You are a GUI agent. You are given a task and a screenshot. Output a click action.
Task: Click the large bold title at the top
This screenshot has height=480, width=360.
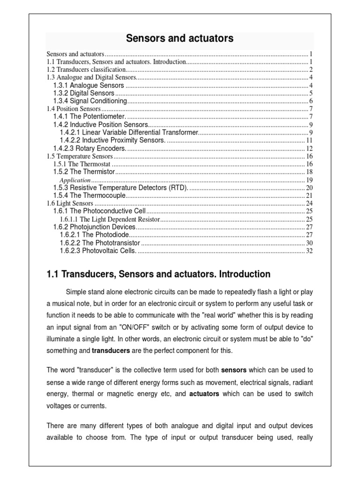180,38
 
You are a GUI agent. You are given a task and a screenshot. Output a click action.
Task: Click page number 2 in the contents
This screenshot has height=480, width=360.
311,69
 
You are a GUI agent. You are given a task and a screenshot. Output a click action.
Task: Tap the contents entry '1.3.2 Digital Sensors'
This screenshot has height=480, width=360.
83,93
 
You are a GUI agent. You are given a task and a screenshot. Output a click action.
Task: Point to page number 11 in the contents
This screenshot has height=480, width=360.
309,140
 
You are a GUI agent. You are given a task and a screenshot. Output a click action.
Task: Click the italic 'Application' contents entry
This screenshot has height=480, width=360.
75,180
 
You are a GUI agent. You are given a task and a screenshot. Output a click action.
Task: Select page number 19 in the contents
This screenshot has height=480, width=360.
309,180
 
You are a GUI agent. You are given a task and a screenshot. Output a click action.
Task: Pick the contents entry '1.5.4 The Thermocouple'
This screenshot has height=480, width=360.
90,195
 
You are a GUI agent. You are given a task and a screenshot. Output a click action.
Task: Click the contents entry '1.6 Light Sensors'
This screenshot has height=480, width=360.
70,203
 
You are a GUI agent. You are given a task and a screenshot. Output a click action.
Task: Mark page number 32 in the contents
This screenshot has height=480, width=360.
309,251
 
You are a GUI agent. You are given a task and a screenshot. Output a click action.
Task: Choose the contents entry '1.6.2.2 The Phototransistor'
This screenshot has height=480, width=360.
100,243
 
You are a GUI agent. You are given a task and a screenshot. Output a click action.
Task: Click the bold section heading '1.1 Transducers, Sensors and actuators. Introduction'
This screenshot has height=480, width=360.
158,274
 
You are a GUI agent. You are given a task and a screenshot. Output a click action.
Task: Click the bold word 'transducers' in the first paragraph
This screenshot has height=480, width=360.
110,351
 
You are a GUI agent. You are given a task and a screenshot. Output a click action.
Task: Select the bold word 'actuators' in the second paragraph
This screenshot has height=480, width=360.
204,394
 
